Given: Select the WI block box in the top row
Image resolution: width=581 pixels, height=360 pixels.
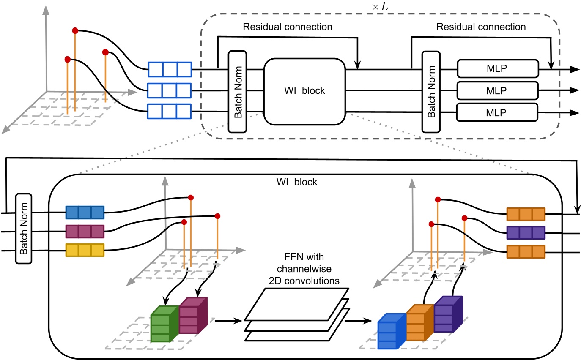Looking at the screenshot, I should click(x=304, y=91).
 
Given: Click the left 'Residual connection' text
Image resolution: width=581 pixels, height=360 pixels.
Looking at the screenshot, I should click(x=287, y=27).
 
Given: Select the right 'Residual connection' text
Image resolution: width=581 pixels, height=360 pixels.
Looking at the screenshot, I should click(x=481, y=27).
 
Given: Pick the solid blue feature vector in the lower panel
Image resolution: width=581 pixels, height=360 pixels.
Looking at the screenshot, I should click(x=85, y=213).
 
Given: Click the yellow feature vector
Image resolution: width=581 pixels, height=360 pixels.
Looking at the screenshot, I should click(x=85, y=251).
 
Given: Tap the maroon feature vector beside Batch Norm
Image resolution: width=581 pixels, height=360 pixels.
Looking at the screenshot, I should click(x=85, y=232).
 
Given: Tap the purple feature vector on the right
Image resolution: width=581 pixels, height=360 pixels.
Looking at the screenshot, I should click(x=526, y=232).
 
